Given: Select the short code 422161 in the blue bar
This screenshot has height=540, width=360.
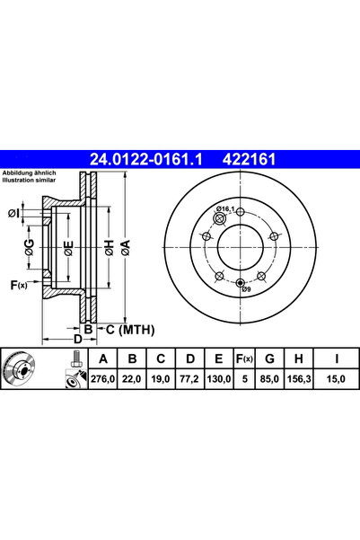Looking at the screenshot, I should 248,161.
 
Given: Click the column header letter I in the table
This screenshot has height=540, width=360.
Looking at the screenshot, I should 334,360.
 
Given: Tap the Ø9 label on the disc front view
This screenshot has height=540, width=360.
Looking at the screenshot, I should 243,289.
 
